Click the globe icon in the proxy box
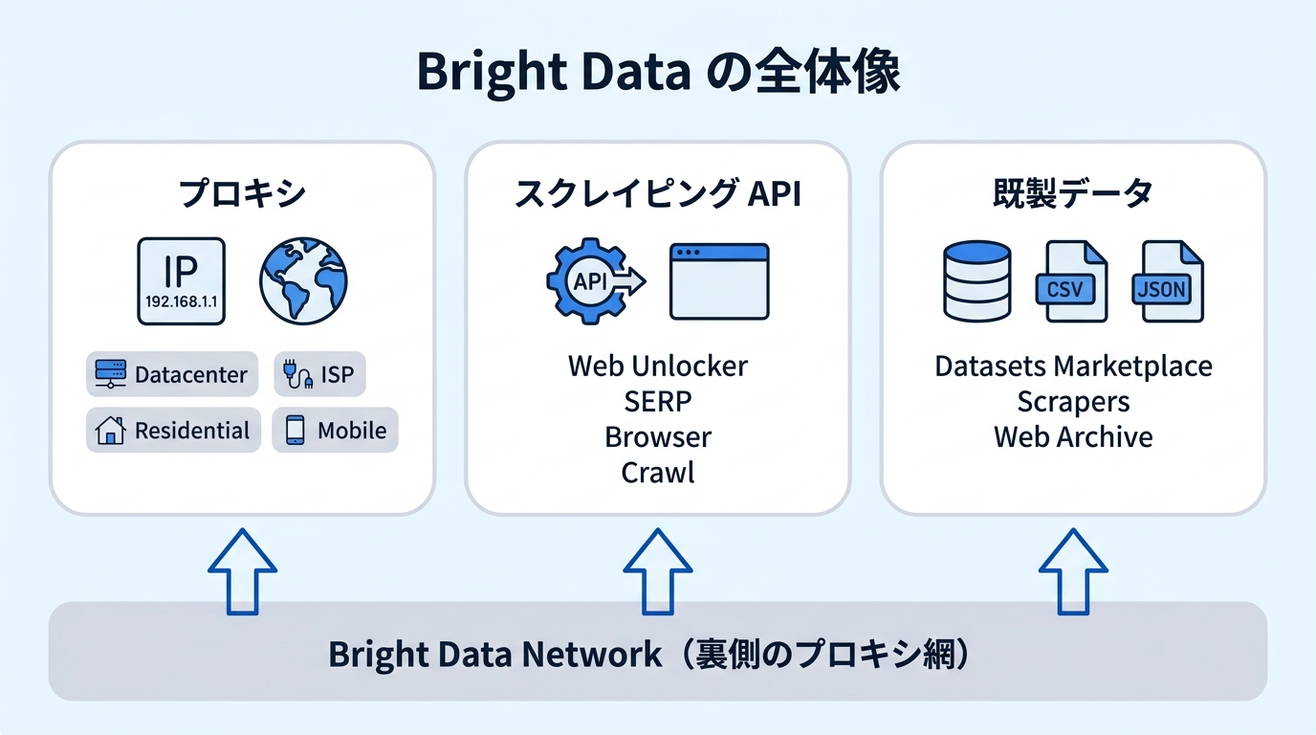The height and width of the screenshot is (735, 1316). [303, 281]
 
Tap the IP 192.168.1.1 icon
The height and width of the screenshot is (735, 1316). [181, 281]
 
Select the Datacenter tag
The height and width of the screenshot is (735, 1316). [172, 374]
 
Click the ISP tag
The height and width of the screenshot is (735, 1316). [319, 374]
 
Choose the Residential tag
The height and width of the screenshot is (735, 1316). [173, 430]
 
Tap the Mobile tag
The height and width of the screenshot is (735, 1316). [335, 430]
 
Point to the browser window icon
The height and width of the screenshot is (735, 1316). [719, 281]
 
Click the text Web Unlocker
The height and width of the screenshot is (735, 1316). [657, 366]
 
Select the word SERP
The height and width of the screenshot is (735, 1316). [657, 402]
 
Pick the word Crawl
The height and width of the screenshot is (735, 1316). [657, 473]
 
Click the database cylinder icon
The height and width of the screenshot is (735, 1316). [977, 281]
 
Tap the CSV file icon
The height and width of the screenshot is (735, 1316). [1071, 281]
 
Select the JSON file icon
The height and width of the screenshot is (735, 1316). [1168, 281]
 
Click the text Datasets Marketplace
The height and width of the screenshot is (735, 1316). [1073, 367]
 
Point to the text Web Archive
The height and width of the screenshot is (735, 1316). [1073, 436]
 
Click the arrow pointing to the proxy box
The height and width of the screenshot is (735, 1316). [242, 571]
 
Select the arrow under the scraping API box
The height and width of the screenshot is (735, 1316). [657, 571]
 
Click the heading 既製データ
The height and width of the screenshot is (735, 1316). [1073, 193]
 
